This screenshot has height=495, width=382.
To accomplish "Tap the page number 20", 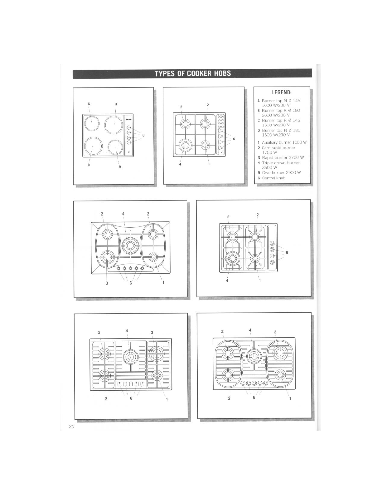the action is click(x=71, y=426).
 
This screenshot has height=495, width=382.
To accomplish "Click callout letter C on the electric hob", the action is click(x=89, y=104).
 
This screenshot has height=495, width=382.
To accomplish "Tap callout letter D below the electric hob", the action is click(x=89, y=165).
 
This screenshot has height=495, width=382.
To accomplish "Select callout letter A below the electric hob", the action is click(x=120, y=166).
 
